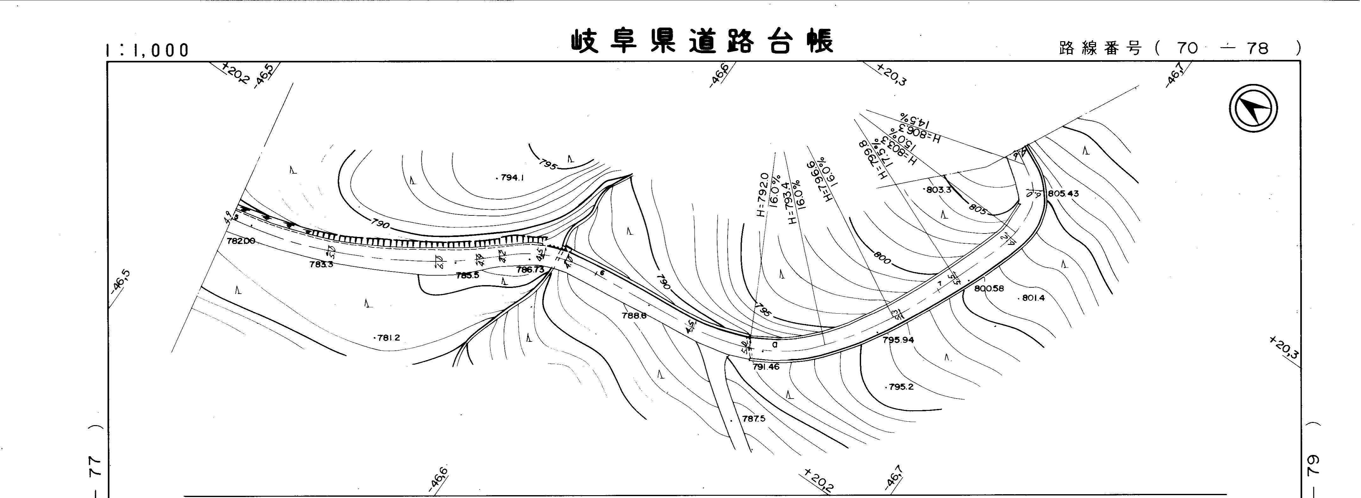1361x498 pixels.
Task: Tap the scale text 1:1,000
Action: [148, 50]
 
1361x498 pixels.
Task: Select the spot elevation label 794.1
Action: [511, 178]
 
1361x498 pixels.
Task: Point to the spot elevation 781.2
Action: [388, 338]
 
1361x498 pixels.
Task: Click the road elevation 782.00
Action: [241, 241]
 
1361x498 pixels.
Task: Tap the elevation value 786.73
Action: [530, 270]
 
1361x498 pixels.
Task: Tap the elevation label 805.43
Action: [1063, 194]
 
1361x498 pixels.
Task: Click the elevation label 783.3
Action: [321, 264]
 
